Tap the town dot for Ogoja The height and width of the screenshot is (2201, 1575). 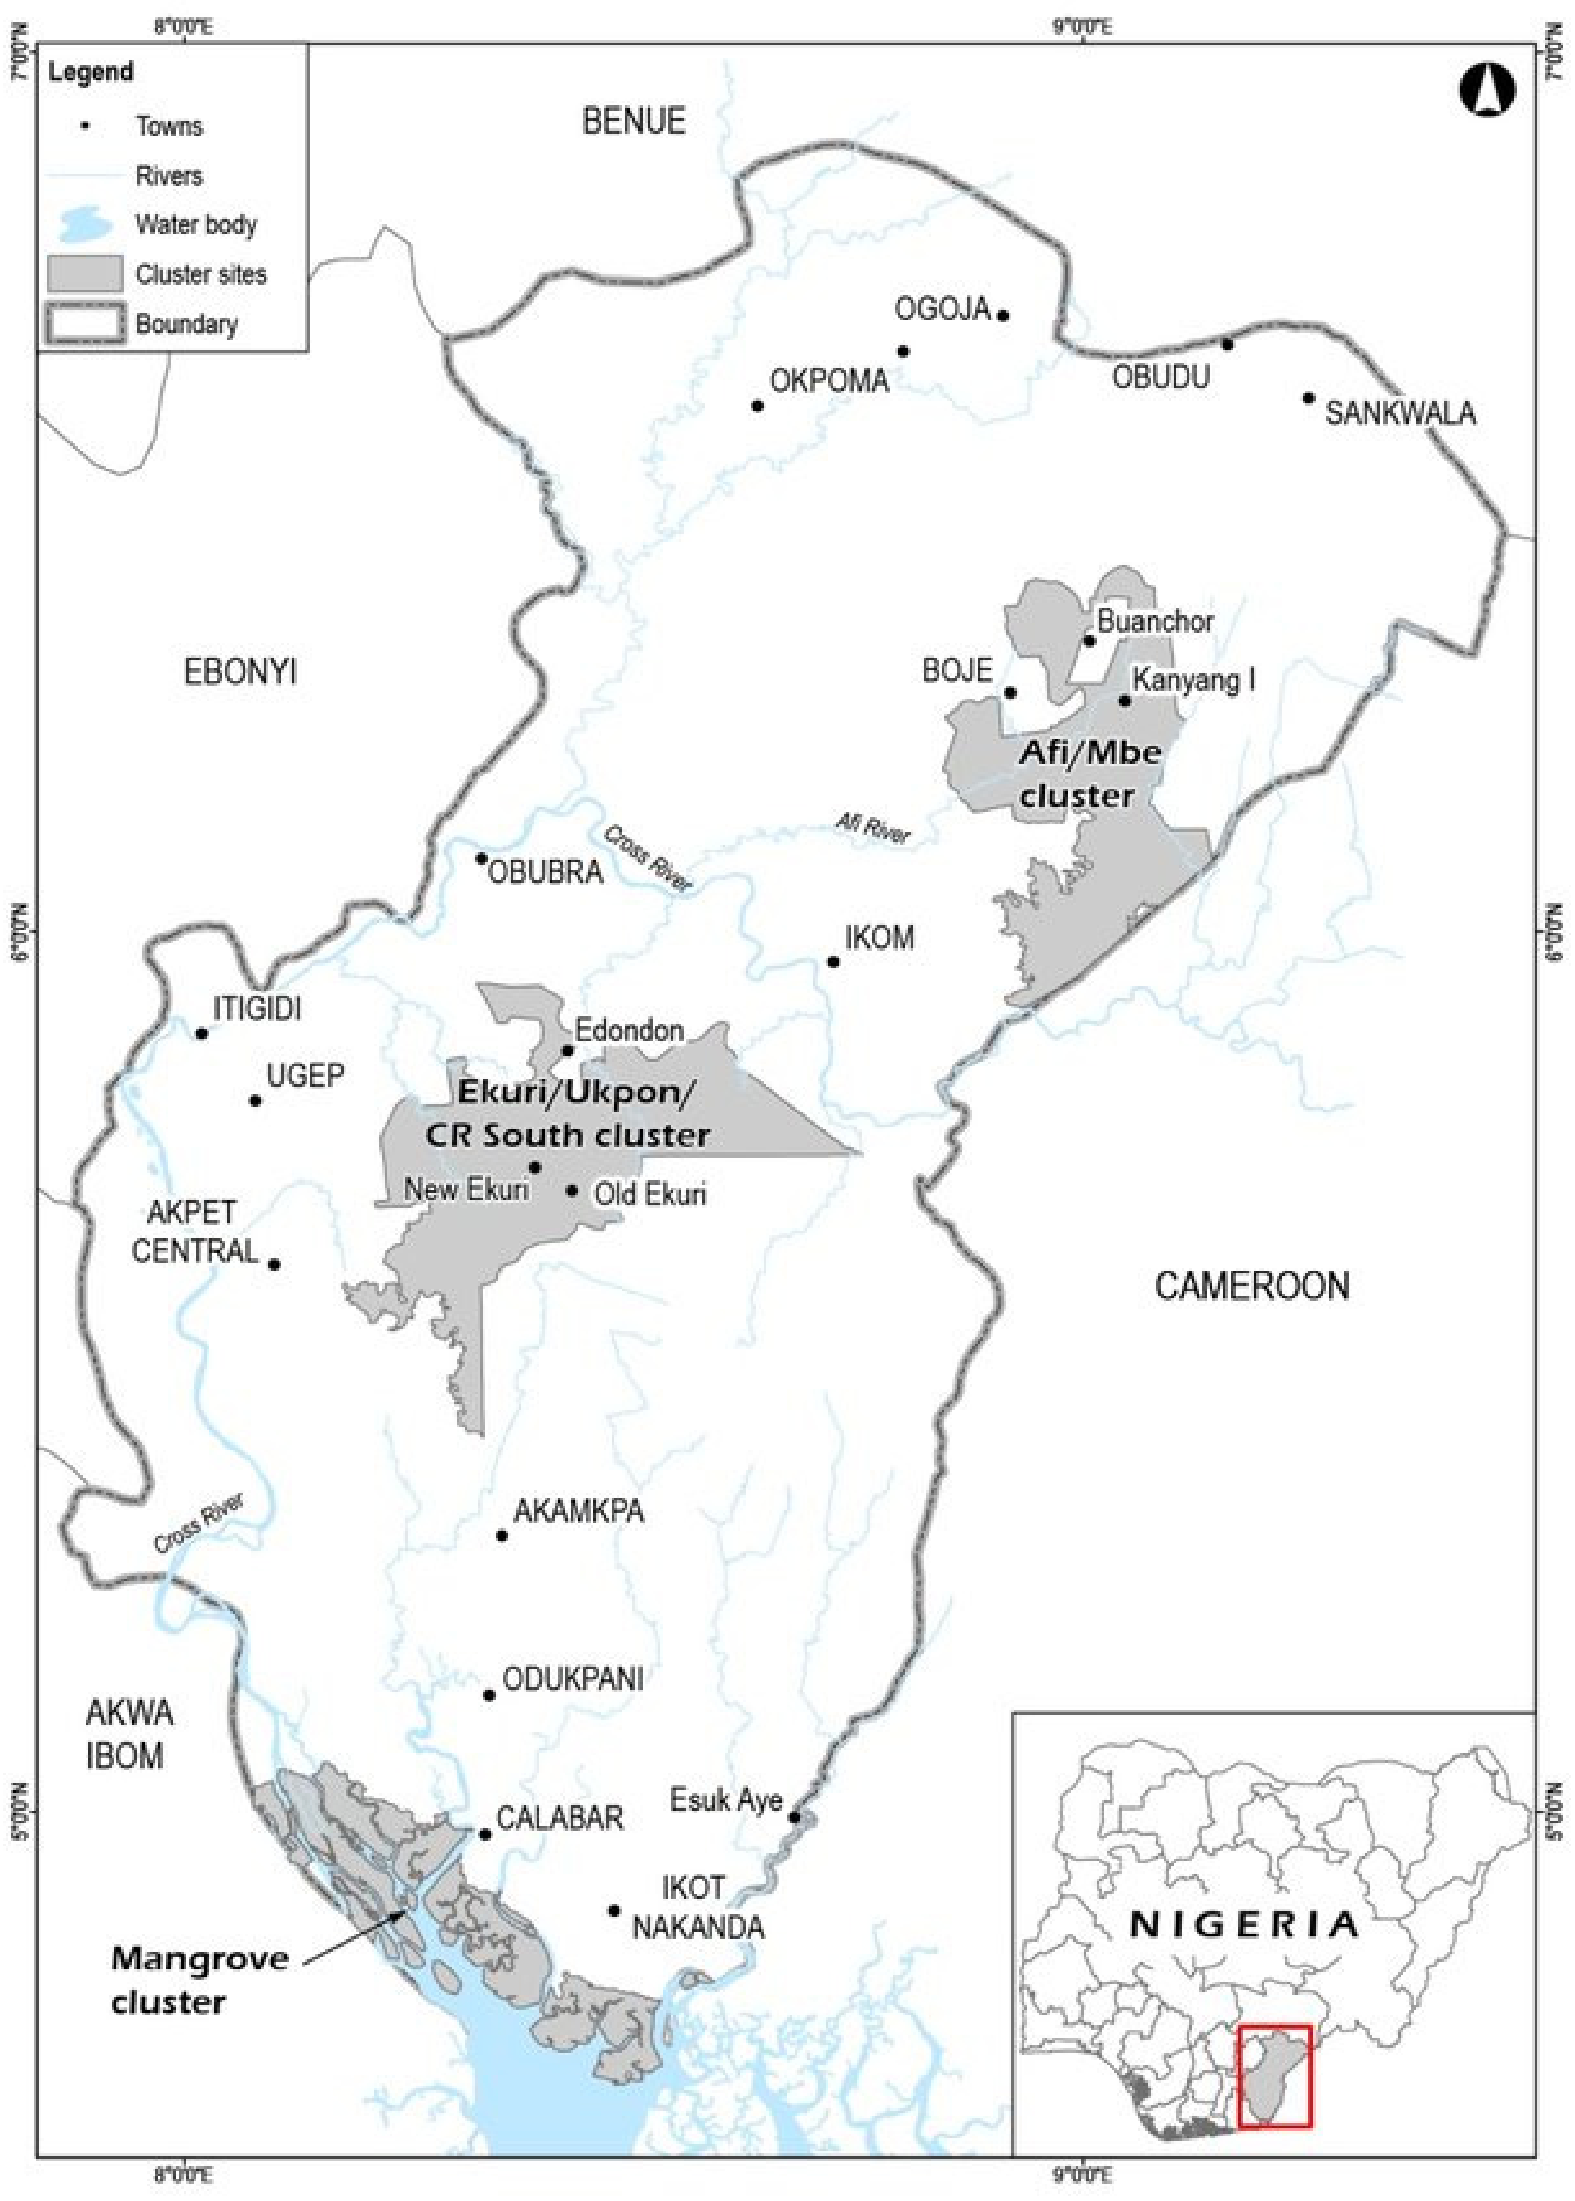point(1004,315)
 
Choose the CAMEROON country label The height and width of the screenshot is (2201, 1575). point(1251,1286)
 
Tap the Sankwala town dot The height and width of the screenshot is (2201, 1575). point(1308,398)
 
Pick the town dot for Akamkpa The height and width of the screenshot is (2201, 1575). point(501,1535)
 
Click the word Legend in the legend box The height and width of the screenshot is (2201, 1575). point(91,73)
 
